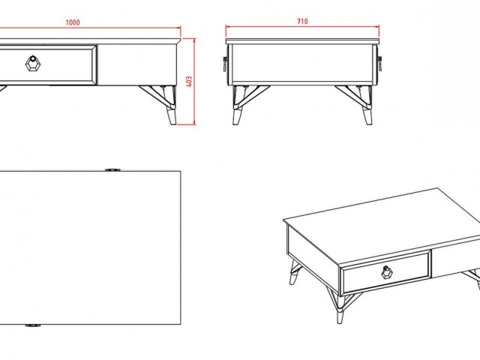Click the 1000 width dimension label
(73, 22)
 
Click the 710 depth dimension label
(302, 22)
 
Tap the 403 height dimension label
(189, 82)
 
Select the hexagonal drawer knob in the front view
(33, 64)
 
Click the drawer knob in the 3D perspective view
(387, 272)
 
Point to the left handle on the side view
(225, 64)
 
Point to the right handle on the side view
(380, 64)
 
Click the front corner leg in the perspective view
(340, 306)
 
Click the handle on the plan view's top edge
(112, 169)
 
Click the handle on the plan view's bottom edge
(33, 325)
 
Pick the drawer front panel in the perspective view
(385, 271)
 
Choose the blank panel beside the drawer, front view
(136, 65)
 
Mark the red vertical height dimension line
(194, 82)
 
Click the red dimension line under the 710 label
(302, 27)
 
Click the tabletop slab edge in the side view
(302, 41)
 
